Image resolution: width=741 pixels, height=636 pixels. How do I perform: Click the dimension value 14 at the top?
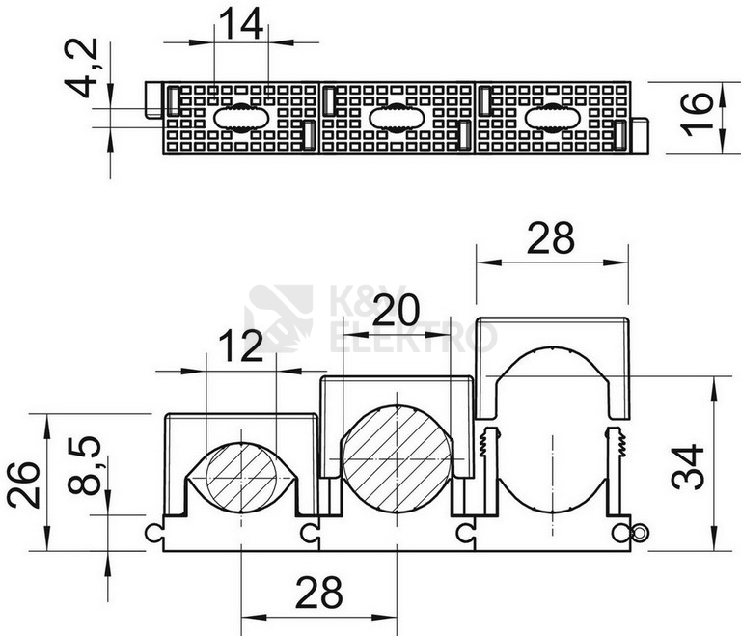coord(241,24)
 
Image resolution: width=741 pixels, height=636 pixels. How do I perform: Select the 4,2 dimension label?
coord(81,69)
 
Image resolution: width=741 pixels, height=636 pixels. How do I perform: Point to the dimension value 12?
coord(241,346)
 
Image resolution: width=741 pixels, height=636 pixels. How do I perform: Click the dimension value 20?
coord(396,310)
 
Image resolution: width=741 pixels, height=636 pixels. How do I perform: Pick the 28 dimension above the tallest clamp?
coord(551,237)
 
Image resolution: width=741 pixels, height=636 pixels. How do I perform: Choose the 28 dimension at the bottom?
coord(319,592)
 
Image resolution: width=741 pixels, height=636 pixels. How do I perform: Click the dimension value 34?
coord(688,466)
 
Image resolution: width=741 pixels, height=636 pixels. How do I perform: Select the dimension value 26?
coord(23,484)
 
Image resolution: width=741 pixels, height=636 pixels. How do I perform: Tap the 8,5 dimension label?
coord(84,465)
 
